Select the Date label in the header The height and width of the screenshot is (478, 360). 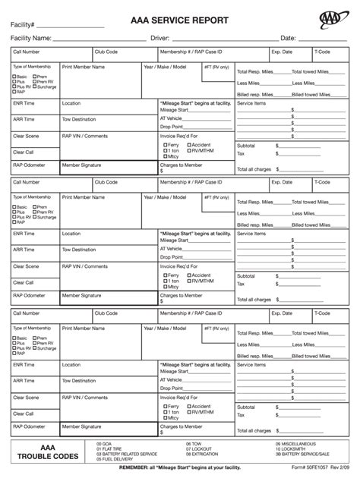point(288,37)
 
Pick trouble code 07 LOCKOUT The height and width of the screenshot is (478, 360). point(200,448)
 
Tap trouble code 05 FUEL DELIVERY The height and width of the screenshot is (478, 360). point(116,458)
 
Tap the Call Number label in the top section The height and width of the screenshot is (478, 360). point(26,52)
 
